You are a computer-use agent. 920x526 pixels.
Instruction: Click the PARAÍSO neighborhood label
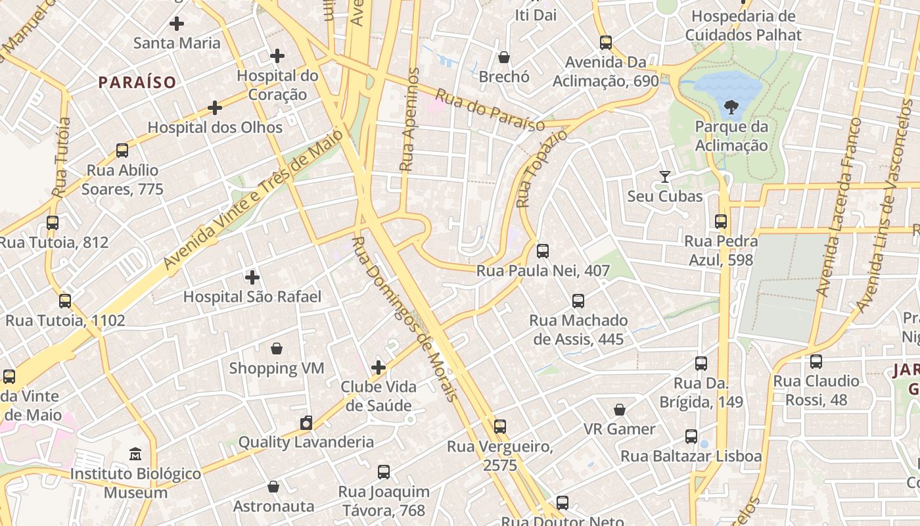click(137, 82)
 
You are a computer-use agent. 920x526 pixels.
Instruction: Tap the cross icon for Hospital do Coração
click(277, 56)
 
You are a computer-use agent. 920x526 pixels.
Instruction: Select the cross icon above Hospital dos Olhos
click(215, 108)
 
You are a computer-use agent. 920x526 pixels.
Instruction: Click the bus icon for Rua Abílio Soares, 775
click(122, 151)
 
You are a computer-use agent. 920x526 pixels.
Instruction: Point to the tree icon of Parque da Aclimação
click(730, 107)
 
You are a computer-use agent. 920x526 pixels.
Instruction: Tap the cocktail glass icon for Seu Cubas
click(665, 176)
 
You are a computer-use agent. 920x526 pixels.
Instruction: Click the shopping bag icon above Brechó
click(504, 57)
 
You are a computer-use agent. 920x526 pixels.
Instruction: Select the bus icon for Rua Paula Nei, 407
click(543, 251)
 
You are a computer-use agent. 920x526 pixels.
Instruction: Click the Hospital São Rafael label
click(252, 297)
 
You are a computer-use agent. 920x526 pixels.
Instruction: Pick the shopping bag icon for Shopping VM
click(277, 348)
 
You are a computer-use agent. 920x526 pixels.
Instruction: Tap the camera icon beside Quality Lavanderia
click(306, 423)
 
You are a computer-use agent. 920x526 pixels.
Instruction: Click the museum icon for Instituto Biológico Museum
click(135, 454)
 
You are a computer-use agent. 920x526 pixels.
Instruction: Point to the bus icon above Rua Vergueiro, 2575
click(500, 427)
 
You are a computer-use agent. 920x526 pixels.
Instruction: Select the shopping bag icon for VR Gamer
click(619, 410)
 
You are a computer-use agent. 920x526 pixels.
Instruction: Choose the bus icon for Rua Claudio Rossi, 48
click(816, 361)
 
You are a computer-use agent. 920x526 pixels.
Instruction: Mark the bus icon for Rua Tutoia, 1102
click(65, 301)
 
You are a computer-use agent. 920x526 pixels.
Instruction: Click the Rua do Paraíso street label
click(490, 110)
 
